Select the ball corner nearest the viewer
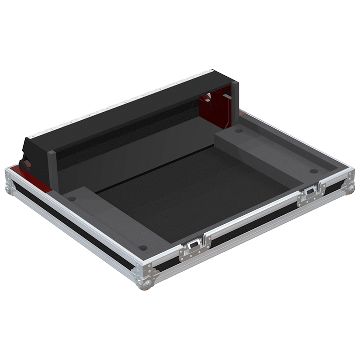(x=145, y=283)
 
